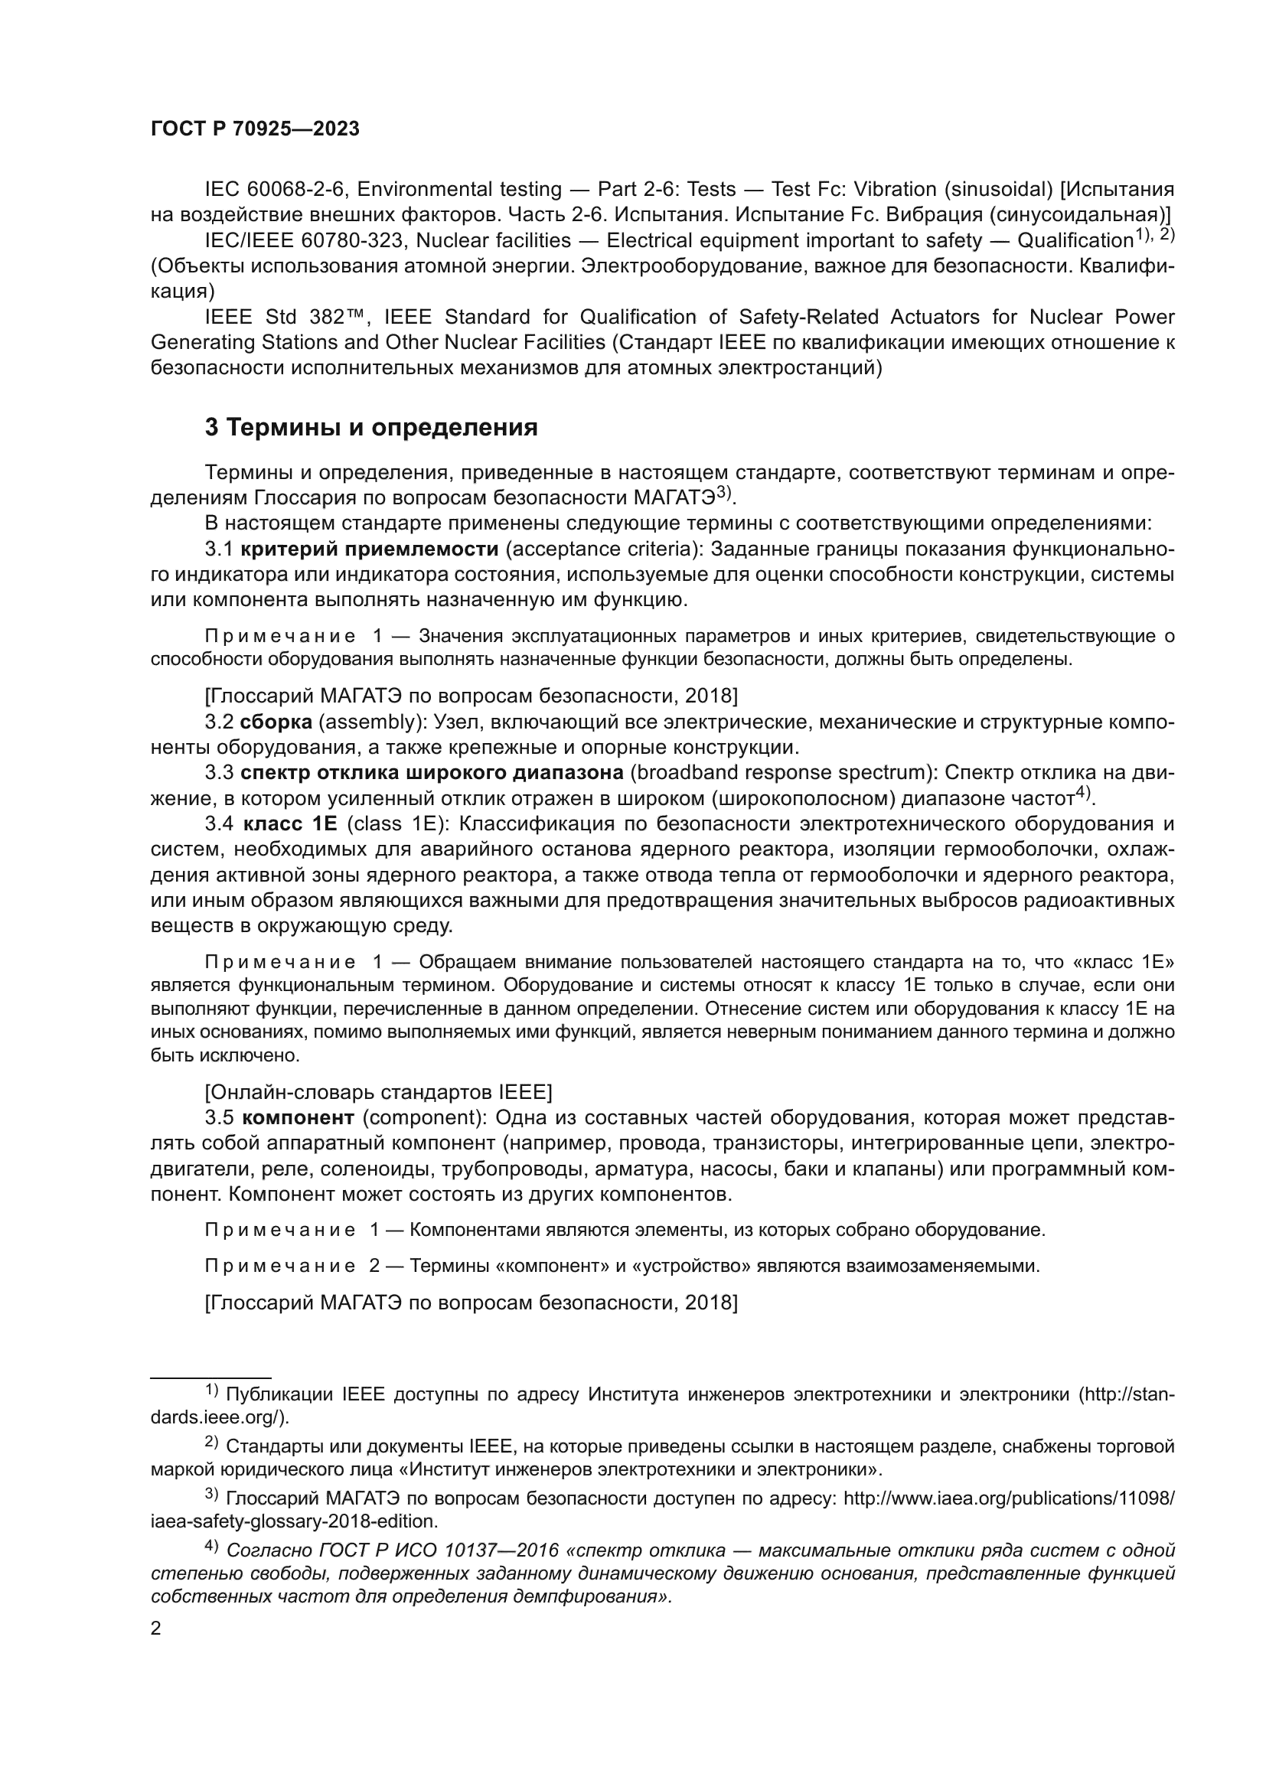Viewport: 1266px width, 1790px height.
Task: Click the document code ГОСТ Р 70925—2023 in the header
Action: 255,129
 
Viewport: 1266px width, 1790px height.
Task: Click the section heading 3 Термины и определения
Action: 371,427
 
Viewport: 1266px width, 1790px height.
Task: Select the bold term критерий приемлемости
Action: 370,549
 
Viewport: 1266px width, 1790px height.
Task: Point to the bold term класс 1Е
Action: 290,823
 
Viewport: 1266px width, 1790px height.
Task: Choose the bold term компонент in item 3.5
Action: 299,1117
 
